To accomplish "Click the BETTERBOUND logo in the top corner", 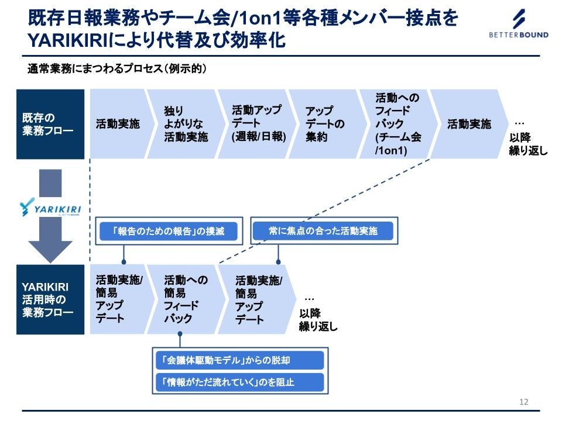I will (519, 25).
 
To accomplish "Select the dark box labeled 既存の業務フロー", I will (50, 124).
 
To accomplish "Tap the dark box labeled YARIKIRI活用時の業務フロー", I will (50, 299).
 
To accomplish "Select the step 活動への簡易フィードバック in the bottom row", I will (185, 299).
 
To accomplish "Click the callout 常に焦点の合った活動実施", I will (323, 231).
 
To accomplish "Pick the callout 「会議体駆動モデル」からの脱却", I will (239, 361).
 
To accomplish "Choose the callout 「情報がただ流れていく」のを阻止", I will (239, 382).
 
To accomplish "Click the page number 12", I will (523, 402).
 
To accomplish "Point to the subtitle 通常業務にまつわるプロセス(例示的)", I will (118, 68).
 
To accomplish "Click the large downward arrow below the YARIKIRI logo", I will (50, 243).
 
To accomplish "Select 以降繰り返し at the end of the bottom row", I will (318, 320).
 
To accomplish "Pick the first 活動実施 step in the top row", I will (118, 124).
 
